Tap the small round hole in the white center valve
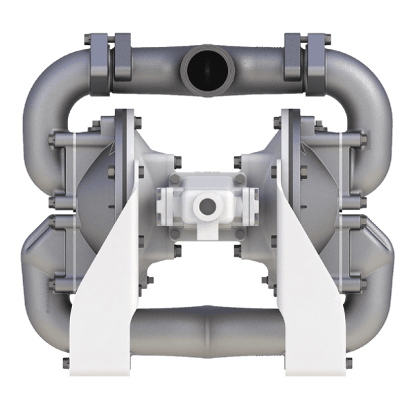[206, 205]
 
